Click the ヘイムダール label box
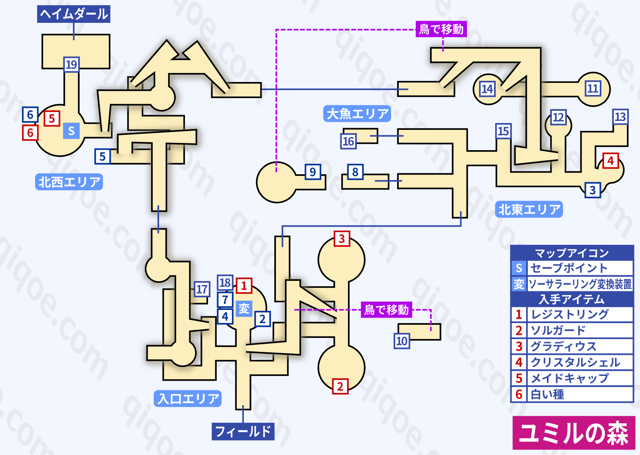tap(74, 14)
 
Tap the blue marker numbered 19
tap(71, 65)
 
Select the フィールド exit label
tap(243, 431)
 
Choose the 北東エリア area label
tap(529, 209)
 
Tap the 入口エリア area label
tap(188, 398)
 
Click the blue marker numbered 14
tap(487, 89)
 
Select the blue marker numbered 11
tap(593, 88)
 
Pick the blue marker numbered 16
tap(348, 141)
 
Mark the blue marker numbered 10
tap(402, 341)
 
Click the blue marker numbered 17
tap(202, 289)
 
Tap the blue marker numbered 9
tap(312, 172)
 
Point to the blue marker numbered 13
tap(620, 117)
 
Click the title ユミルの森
tap(574, 433)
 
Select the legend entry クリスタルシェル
tap(575, 362)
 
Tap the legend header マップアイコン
tap(571, 253)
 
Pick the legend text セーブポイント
tap(569, 268)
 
